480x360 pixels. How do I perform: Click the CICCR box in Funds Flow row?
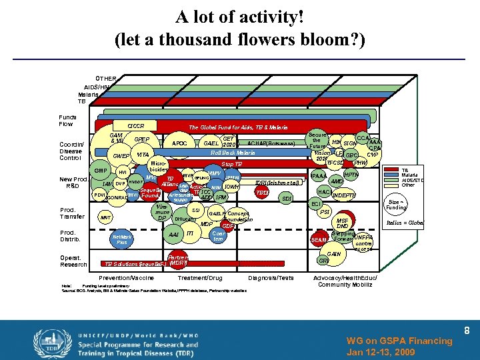tap(135, 125)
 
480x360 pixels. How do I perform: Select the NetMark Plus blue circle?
tap(121, 240)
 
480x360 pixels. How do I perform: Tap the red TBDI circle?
tap(263, 192)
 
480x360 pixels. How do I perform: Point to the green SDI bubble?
tap(287, 198)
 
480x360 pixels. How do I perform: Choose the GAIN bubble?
tap(334, 254)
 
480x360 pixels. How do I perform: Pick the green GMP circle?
tap(101, 170)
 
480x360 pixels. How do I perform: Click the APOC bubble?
tap(179, 143)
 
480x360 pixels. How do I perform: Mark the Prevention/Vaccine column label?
tap(126, 277)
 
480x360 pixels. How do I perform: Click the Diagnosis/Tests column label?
tap(270, 277)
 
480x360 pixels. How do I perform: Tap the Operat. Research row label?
tap(73, 261)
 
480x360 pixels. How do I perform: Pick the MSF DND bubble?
tap(343, 224)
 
